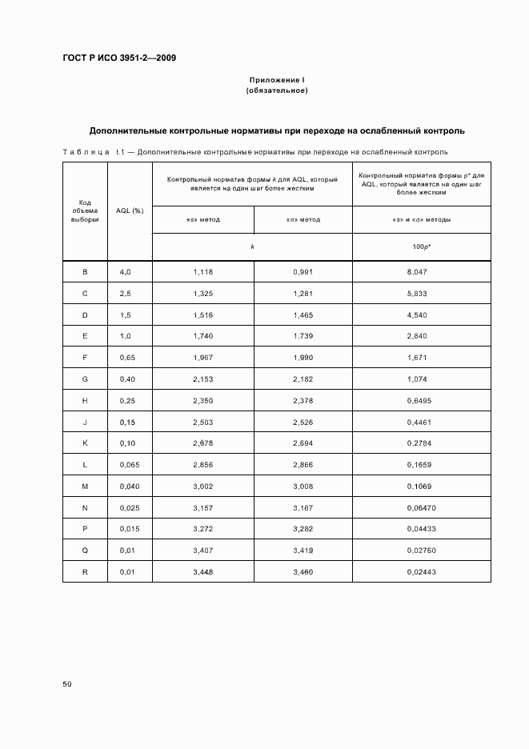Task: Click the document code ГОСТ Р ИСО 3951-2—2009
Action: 119,58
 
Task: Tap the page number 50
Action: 67,684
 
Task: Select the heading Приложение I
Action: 277,80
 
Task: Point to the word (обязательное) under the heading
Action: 277,90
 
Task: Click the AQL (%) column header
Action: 130,210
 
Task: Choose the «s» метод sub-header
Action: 202,219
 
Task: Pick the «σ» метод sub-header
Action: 303,219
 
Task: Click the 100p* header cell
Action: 422,246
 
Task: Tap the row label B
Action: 85,272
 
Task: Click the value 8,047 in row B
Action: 422,272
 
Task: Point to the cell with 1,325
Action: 202,294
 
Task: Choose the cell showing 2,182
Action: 303,380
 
